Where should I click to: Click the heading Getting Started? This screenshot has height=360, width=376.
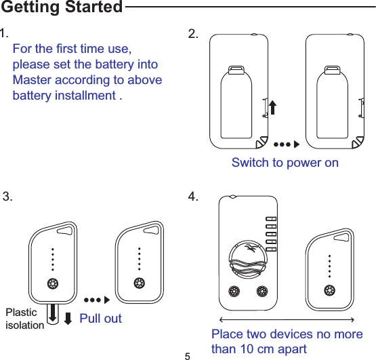(61, 8)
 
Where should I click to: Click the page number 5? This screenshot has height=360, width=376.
(188, 355)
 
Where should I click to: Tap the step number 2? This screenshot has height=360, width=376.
(193, 35)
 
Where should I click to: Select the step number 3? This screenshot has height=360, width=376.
(7, 197)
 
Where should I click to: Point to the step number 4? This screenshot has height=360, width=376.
(193, 197)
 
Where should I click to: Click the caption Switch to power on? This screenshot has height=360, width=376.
(285, 163)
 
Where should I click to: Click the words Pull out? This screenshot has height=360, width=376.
(100, 318)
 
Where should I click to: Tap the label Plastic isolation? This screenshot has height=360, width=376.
(24, 319)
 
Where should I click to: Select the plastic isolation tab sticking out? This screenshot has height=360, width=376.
(53, 313)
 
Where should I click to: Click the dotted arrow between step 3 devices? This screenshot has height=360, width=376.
(96, 299)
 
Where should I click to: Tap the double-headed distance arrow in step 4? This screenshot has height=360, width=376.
(287, 319)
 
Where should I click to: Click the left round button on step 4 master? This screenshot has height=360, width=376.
(234, 293)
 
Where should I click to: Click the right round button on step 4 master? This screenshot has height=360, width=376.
(263, 293)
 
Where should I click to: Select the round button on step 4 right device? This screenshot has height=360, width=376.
(329, 291)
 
